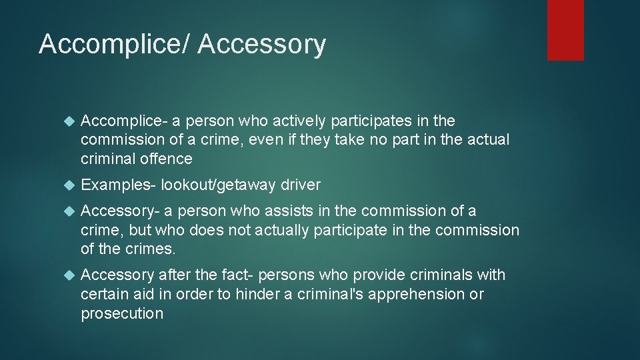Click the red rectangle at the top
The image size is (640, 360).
pyautogui.click(x=565, y=30)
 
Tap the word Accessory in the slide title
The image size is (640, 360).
pyautogui.click(x=262, y=45)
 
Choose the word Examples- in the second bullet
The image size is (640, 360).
pyautogui.click(x=118, y=185)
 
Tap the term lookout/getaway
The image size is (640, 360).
pyautogui.click(x=218, y=185)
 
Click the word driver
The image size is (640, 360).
pyautogui.click(x=300, y=185)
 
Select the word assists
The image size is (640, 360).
pyautogui.click(x=285, y=211)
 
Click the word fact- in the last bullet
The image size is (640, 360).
pyautogui.click(x=234, y=275)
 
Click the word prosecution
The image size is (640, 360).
pyautogui.click(x=122, y=313)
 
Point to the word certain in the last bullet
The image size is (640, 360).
pyautogui.click(x=103, y=294)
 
